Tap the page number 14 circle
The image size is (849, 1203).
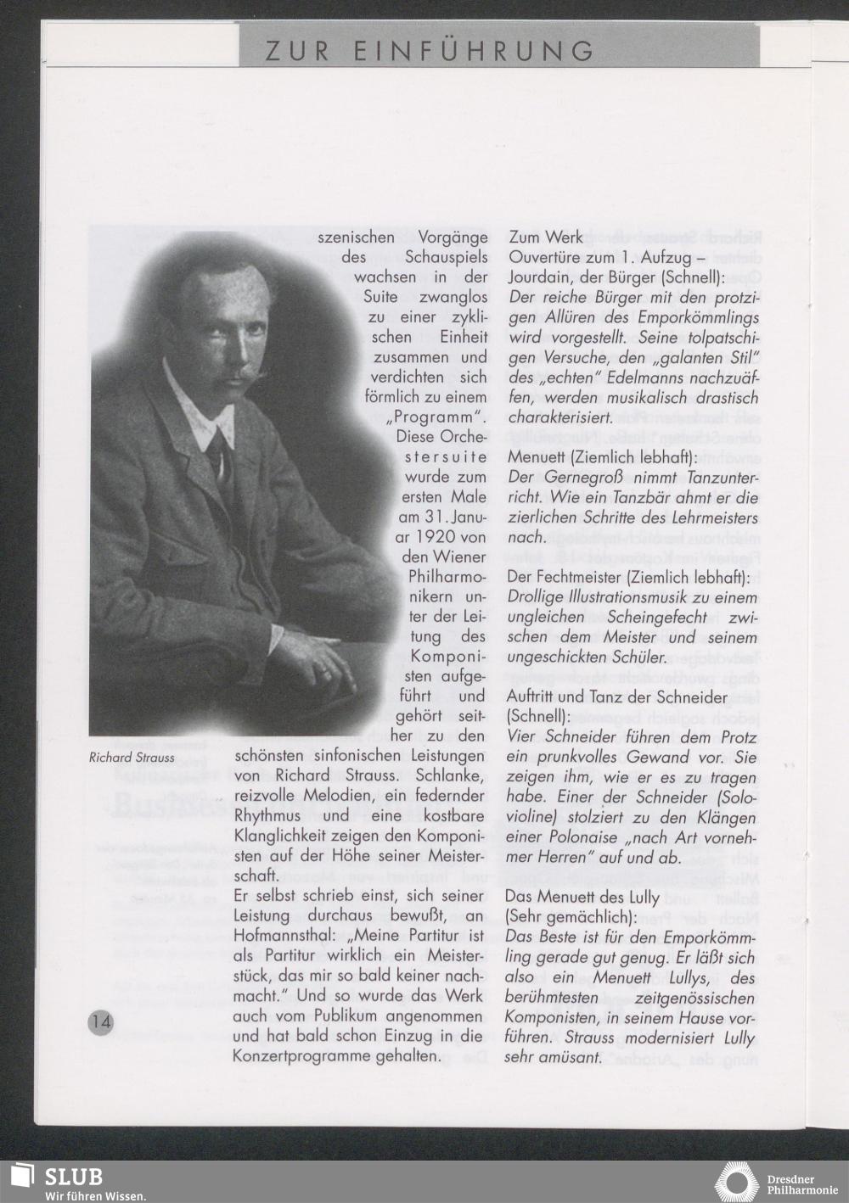[100, 1021]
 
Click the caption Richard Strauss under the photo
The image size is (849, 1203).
[132, 758]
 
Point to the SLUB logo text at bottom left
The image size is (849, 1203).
[73, 1177]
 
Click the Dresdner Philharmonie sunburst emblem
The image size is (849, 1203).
[737, 1182]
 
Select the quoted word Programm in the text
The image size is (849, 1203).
[435, 417]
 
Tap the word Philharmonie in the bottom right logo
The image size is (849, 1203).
[802, 1189]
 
